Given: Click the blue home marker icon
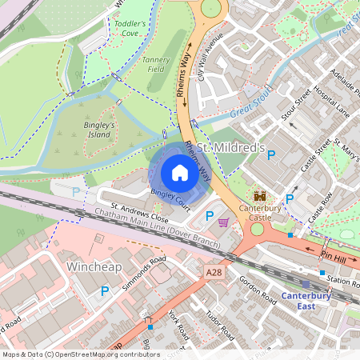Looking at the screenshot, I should click(179, 172).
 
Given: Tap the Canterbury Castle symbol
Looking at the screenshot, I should click(260, 196).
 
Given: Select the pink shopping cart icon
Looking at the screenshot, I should click(224, 222).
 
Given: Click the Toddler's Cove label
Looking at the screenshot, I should click(130, 30).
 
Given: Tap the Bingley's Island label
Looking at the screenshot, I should click(99, 130).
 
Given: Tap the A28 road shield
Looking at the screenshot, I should click(213, 273).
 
